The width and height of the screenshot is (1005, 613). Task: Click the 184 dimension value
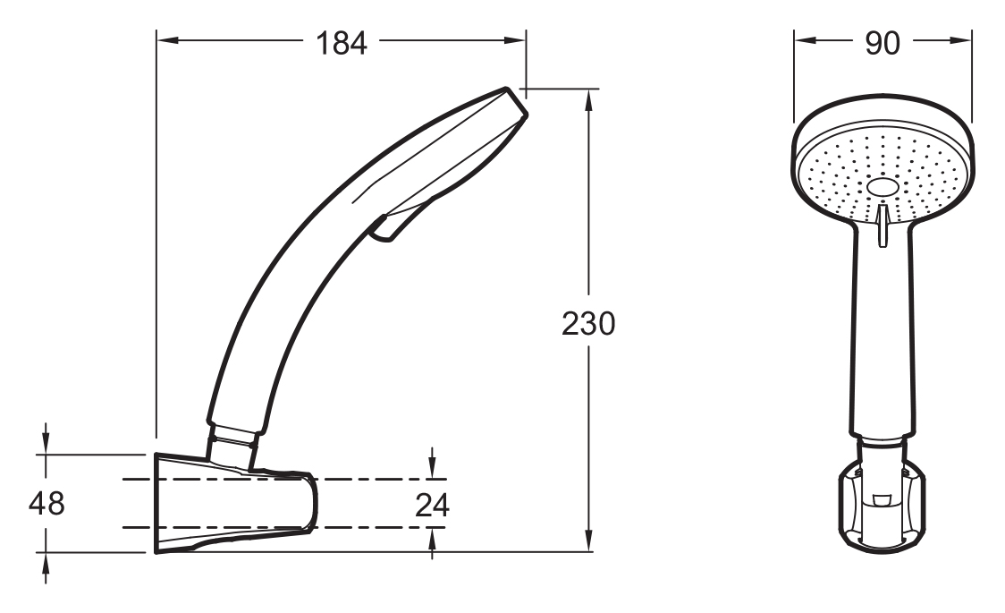point(341,44)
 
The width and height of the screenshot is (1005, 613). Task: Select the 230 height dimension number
point(588,324)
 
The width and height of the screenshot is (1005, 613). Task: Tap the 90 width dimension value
point(883,44)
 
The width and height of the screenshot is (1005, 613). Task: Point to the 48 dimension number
point(46,504)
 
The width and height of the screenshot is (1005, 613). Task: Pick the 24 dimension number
point(433,506)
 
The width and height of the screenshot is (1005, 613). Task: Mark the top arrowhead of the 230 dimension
point(589,99)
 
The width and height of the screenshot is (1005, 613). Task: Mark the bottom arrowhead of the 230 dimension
point(589,541)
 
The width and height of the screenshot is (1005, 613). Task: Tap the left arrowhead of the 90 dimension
point(805,40)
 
